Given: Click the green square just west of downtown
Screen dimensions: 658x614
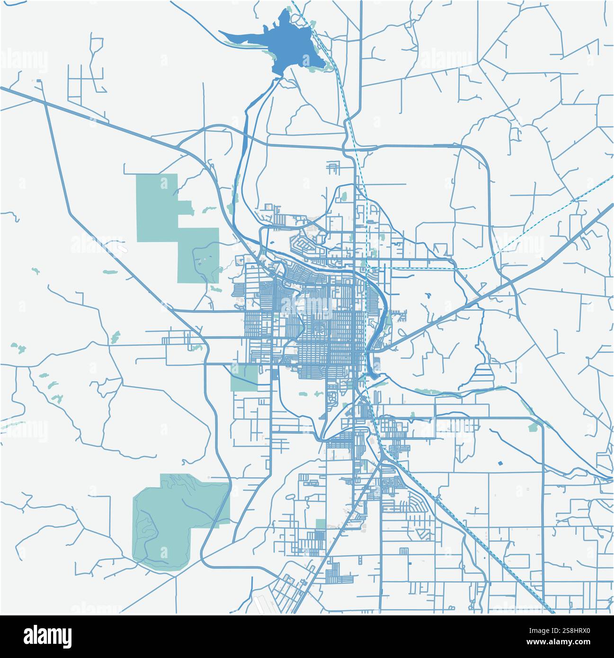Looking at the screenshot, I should [x=244, y=378].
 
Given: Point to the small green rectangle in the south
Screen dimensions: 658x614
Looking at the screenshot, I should [x=320, y=524].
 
